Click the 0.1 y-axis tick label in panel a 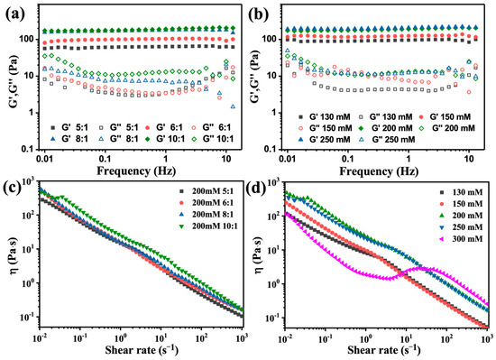coord(29,148)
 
